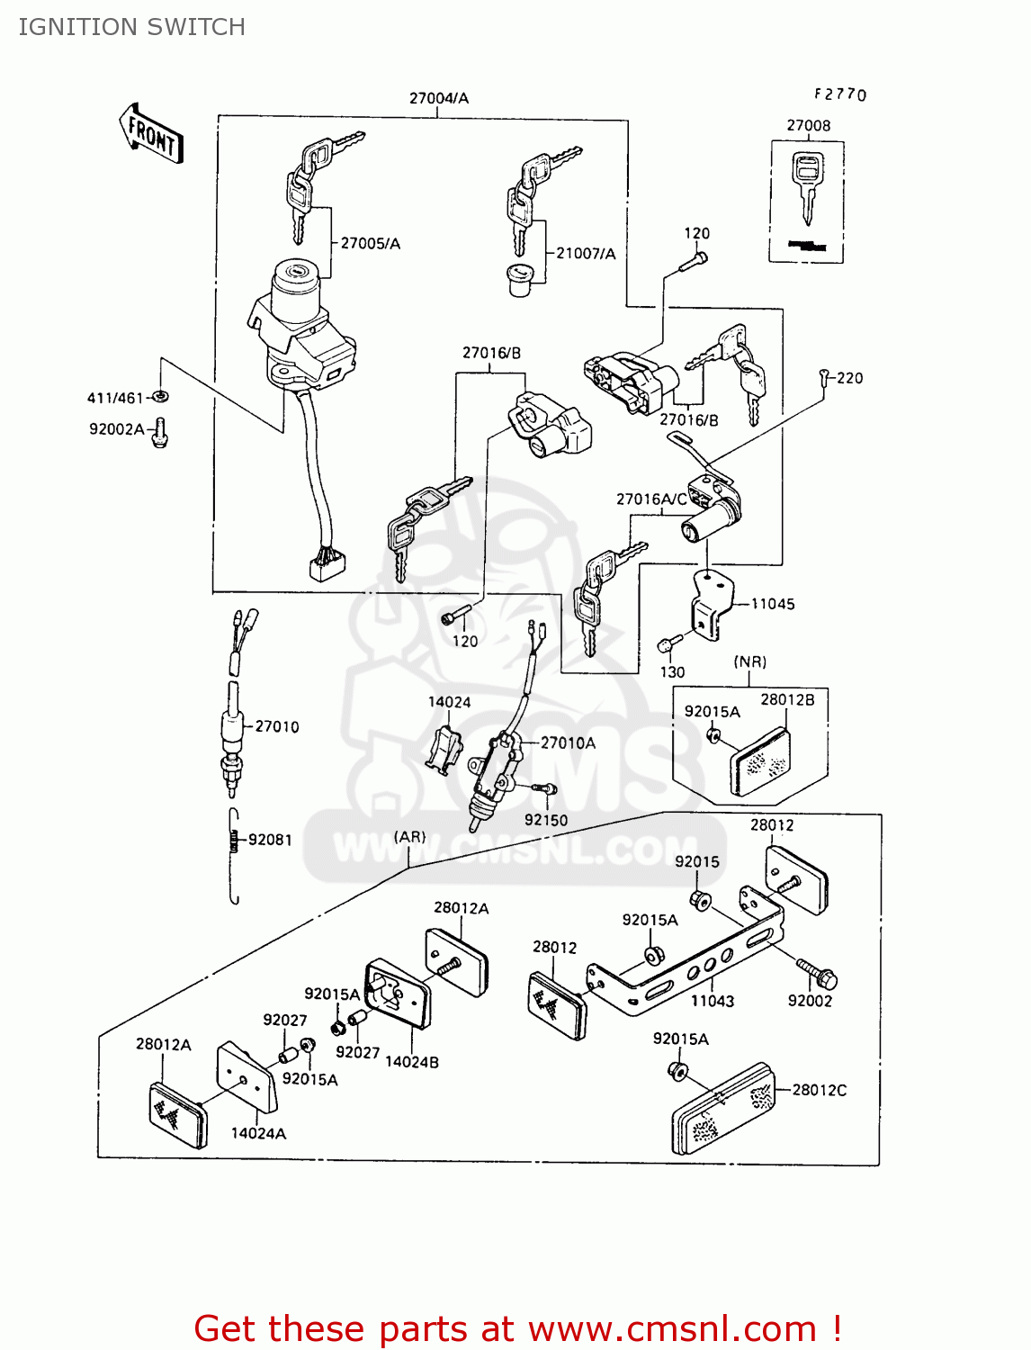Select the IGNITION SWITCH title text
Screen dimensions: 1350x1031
coord(131,27)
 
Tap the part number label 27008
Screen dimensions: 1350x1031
coord(808,125)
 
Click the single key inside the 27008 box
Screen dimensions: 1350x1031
coord(807,185)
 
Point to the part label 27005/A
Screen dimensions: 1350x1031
coord(370,243)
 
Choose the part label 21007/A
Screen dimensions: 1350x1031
coord(586,253)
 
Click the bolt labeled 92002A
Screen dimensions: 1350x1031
coord(160,433)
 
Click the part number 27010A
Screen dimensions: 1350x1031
coord(568,742)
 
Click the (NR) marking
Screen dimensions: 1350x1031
coord(749,661)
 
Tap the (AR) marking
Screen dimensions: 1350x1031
coord(409,837)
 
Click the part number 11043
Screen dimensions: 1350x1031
coord(713,1001)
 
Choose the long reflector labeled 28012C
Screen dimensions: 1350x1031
coord(722,1110)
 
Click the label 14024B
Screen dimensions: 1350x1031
coord(412,1062)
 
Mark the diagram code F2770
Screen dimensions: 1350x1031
coord(840,94)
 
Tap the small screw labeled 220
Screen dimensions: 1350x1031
coord(824,378)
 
